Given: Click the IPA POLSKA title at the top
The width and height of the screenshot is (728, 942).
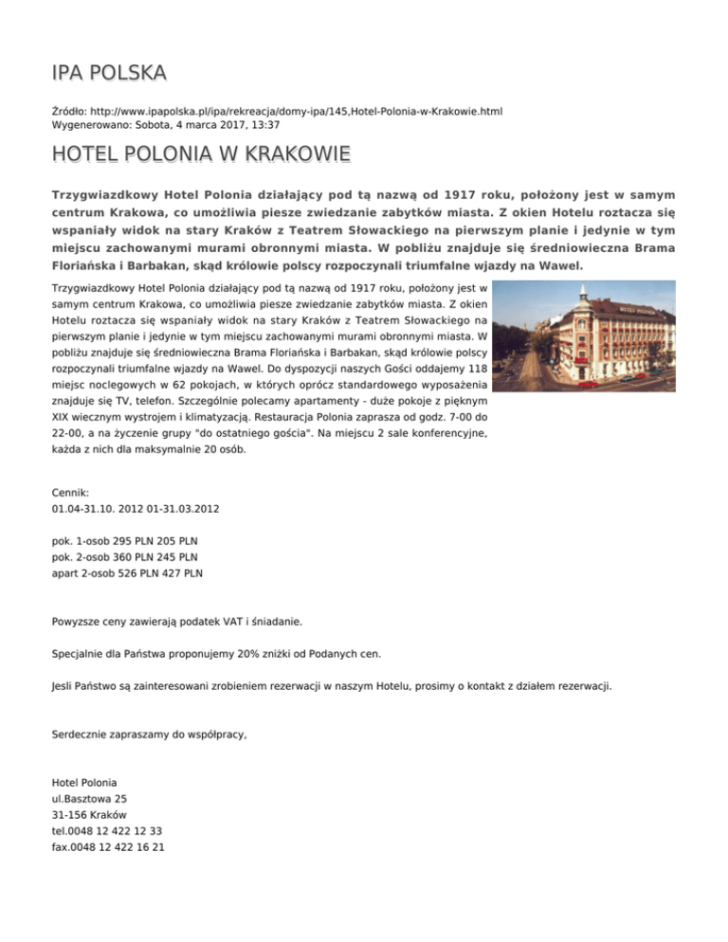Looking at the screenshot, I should (109, 73).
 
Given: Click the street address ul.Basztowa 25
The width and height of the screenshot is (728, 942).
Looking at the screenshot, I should (89, 799).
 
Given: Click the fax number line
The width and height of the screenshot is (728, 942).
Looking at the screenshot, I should (108, 847).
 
